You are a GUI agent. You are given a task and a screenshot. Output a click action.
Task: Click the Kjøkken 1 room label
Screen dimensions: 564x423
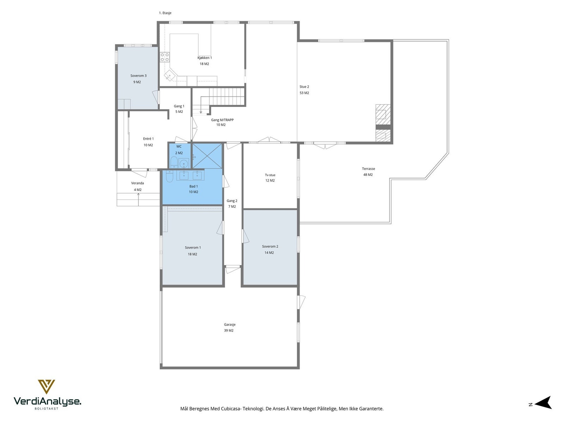[204, 58]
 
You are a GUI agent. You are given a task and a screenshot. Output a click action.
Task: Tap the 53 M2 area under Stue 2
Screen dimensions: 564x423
[304, 93]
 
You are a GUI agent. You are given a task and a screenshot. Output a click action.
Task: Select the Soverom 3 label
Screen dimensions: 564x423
[138, 76]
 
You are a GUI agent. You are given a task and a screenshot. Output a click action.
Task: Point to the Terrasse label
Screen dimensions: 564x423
[368, 169]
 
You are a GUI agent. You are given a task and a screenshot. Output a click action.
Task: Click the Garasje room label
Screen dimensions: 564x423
[230, 324]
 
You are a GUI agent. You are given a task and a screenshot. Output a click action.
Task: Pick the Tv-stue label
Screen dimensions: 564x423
[270, 175]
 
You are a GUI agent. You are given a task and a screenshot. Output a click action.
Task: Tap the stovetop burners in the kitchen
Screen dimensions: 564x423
[165, 57]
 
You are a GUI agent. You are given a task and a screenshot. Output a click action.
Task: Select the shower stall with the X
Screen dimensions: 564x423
[207, 156]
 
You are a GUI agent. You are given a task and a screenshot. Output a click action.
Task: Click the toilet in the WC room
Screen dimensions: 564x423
[173, 162]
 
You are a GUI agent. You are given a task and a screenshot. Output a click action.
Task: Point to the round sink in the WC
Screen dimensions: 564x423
[184, 163]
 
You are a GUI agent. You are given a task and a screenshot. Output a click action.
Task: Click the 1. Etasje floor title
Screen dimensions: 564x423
[165, 13]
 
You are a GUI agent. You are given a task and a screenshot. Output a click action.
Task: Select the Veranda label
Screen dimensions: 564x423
[137, 183]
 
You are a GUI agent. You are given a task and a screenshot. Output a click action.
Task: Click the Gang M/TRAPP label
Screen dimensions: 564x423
[222, 120]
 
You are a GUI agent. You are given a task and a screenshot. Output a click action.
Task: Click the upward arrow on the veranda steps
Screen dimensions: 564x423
[138, 200]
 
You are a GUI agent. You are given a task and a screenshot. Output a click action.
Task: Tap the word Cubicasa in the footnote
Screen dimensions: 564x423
[231, 409]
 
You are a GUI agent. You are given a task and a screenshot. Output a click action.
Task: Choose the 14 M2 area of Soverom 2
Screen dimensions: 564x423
[269, 253]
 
